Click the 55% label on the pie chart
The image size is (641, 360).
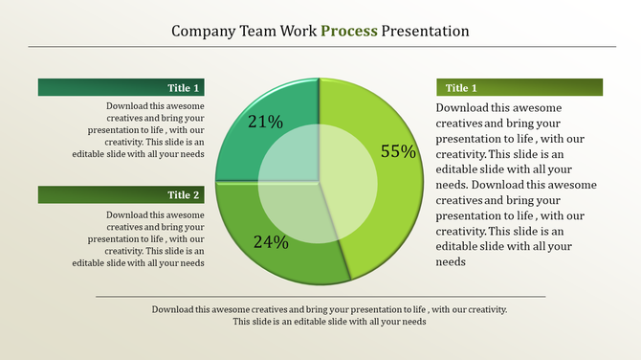[398, 151]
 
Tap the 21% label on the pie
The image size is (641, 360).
[265, 123]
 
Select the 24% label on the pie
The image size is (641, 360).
[271, 242]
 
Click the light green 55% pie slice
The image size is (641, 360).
[383, 220]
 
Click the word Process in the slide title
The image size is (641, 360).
[349, 31]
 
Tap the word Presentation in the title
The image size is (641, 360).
[425, 31]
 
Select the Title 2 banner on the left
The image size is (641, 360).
[122, 194]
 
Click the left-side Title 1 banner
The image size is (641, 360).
[122, 87]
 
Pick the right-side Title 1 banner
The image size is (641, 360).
[519, 87]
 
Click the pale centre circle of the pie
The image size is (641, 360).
[318, 182]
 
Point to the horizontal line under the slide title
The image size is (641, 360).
[321, 46]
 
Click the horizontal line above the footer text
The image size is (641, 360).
[320, 297]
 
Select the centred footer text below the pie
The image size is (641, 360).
[329, 316]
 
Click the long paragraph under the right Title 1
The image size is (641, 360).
[517, 185]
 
